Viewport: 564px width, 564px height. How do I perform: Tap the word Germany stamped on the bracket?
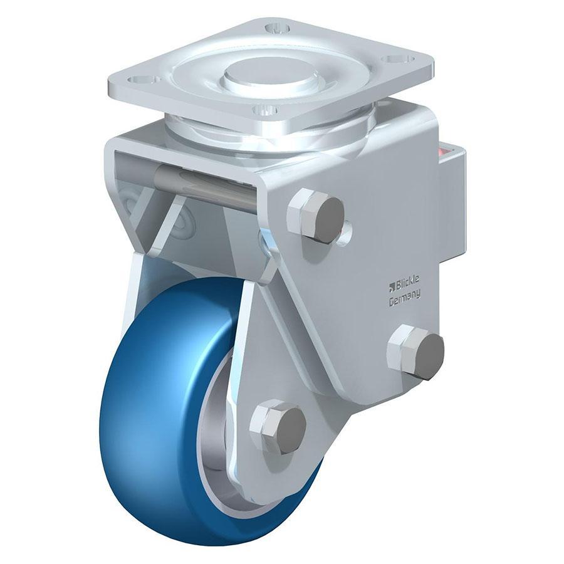click(x=404, y=299)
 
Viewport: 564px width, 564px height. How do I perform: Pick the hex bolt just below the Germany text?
click(x=416, y=352)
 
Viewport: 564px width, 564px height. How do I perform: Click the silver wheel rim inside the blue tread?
click(x=210, y=439)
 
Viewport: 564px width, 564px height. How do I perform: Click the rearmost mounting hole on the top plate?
click(x=276, y=28)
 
